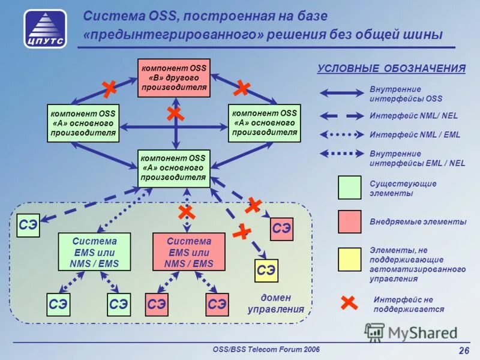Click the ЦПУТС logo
(45, 28)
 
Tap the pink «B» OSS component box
(174, 78)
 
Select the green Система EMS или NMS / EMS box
(95, 252)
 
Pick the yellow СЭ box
(266, 271)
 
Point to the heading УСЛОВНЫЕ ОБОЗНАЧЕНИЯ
(391, 68)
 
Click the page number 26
(463, 351)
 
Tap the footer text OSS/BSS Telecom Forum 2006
(266, 349)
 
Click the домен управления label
(276, 304)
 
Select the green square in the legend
(350, 188)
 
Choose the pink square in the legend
(350, 221)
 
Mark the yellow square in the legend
(350, 259)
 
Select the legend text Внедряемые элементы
(418, 222)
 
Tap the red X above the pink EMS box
(187, 212)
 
